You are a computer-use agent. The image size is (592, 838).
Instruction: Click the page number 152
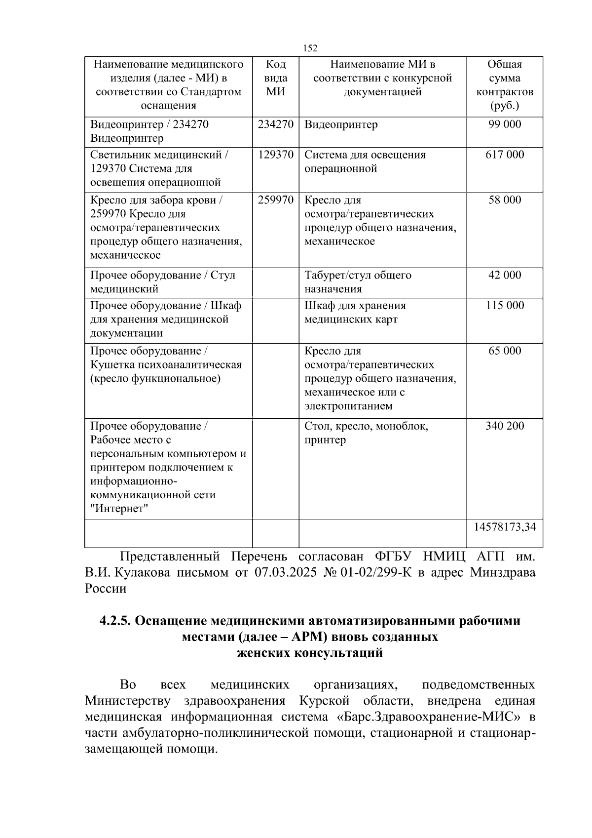(310, 48)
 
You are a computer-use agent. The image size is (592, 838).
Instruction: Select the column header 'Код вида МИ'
(276, 78)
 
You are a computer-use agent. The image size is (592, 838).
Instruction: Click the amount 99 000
(505, 124)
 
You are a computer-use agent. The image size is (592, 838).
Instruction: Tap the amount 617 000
(505, 155)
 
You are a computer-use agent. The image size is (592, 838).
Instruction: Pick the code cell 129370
(276, 155)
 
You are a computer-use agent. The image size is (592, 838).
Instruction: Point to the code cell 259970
(276, 200)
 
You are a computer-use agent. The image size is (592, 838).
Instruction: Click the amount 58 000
(505, 200)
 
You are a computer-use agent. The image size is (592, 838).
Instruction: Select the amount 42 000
(505, 275)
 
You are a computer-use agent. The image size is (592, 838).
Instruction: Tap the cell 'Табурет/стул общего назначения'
(358, 282)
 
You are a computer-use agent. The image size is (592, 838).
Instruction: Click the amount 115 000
(505, 306)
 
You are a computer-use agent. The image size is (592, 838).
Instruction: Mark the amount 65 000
(505, 351)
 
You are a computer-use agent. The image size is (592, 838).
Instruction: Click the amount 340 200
(505, 426)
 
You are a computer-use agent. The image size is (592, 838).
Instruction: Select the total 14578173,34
(505, 527)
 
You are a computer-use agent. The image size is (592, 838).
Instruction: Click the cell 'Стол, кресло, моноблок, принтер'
(366, 433)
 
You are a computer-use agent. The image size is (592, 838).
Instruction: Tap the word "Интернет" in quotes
(119, 509)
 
